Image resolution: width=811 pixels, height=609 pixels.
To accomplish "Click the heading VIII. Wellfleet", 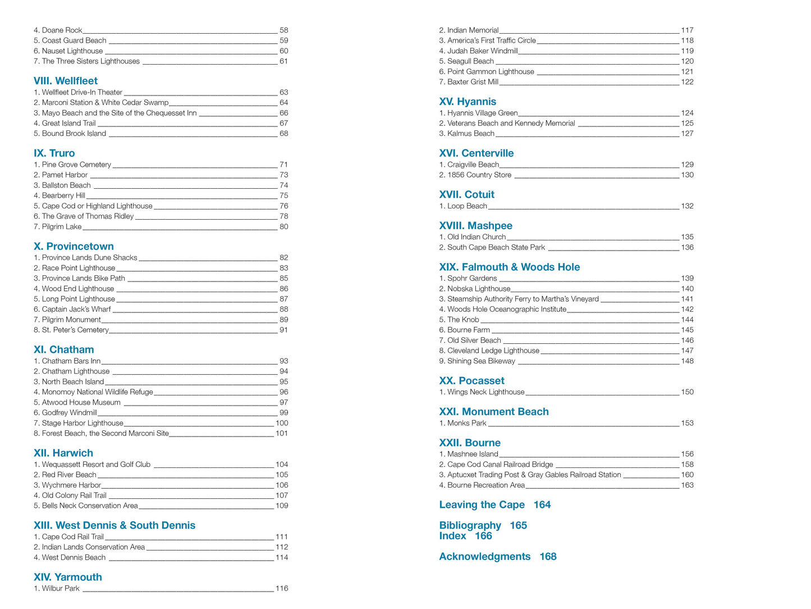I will point(65,81).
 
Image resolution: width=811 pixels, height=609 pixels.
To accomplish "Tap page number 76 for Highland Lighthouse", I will point(284,206).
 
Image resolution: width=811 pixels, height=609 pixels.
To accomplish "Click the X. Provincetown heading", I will point(74,247).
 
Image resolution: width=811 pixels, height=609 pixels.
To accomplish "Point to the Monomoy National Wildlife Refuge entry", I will point(93,392).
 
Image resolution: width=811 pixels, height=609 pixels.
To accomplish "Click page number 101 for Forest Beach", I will point(282,434).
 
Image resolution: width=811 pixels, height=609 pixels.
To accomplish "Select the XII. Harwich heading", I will point(63,453).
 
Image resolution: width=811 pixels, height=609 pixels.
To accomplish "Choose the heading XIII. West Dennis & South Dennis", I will point(114,526).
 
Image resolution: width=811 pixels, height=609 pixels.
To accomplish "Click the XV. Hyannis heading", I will point(468,102).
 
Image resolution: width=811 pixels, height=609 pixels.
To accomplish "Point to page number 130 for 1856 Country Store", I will point(687,175).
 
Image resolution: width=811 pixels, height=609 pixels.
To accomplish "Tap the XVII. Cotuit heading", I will point(466,195).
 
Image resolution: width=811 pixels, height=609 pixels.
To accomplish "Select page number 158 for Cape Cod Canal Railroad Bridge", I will point(687,465).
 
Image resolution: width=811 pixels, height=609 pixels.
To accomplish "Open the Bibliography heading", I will point(470,526).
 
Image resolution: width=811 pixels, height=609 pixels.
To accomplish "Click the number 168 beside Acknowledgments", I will point(548,557).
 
